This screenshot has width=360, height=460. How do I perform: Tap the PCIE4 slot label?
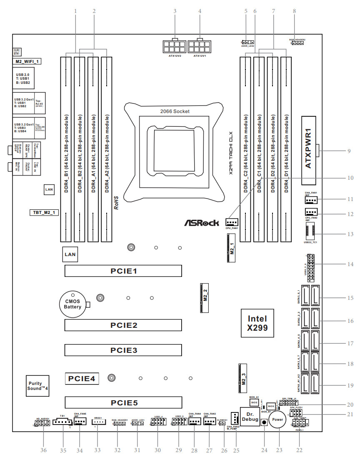tap(82, 378)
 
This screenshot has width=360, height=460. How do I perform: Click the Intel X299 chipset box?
tap(257, 322)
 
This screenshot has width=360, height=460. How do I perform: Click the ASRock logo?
tap(202, 223)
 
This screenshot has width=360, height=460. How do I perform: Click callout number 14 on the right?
tap(350, 264)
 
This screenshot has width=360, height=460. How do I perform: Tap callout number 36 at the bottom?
tap(43, 450)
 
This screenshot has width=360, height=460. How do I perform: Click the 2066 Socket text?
tap(175, 111)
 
